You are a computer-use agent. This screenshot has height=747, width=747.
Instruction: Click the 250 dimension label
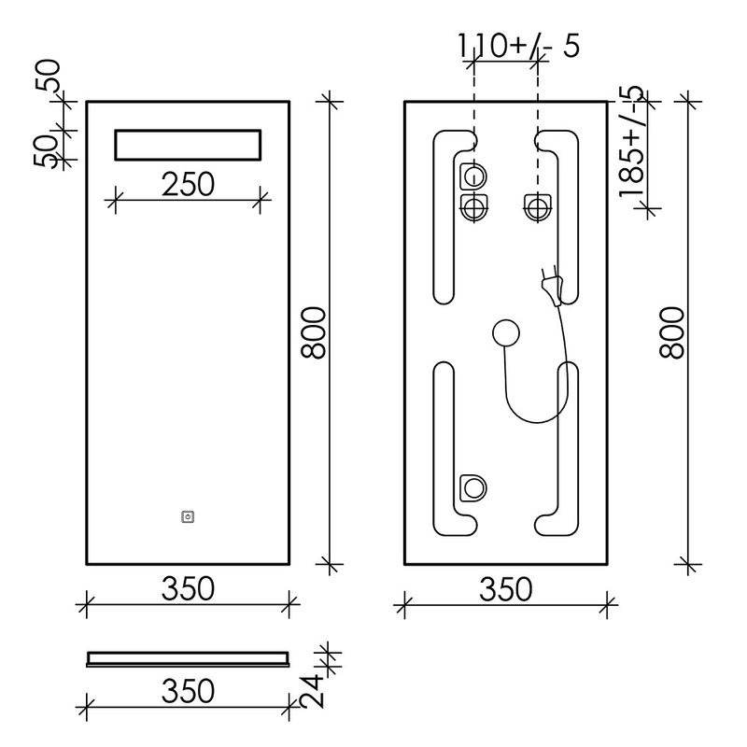(189, 184)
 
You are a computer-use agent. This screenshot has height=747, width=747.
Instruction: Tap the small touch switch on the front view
(189, 517)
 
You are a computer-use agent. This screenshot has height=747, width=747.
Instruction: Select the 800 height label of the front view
(314, 332)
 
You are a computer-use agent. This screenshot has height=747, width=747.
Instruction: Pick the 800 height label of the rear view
(671, 332)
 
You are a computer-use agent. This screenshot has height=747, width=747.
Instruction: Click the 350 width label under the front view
(189, 588)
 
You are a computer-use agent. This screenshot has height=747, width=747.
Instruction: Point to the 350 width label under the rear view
(506, 589)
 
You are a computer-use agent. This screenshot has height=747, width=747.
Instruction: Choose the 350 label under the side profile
(189, 691)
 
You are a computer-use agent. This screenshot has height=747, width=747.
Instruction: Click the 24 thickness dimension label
(312, 691)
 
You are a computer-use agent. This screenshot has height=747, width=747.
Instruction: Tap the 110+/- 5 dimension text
(519, 46)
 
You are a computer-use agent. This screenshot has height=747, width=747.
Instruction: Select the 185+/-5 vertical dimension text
(632, 142)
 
